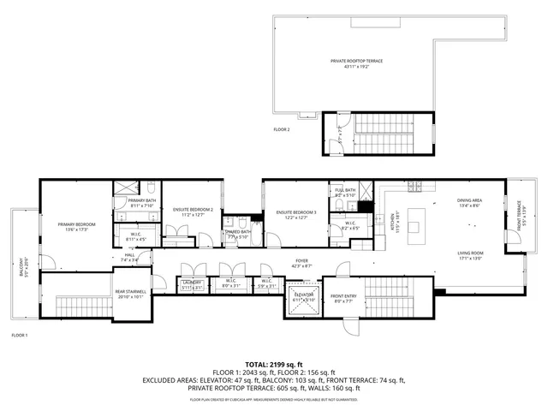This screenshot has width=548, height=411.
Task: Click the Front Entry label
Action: pos(345,299)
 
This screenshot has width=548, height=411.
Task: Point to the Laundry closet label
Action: pos(192,284)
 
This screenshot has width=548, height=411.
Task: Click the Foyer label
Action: pos(301,264)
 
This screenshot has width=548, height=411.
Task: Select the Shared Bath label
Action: pos(237,234)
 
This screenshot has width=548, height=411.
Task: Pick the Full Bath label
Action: pos(345,193)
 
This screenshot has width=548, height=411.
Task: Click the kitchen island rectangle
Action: pos(417,224)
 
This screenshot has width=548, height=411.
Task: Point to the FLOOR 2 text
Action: pos(282,129)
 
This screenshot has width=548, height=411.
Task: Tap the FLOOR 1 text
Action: pos(19,335)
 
